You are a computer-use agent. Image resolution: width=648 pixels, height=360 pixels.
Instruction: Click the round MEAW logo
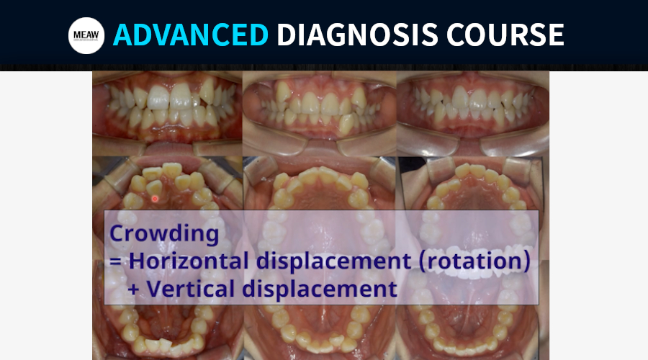(86, 35)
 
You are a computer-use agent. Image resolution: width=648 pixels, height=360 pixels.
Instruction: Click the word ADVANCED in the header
(191, 35)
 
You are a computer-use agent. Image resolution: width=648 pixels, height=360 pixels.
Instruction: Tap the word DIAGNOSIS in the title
(357, 35)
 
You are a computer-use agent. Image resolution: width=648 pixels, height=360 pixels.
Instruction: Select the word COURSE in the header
(505, 35)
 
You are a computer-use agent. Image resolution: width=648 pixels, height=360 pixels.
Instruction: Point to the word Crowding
(164, 234)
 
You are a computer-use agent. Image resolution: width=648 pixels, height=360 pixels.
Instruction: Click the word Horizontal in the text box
(189, 261)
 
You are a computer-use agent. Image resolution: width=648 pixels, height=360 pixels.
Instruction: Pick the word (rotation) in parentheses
(474, 261)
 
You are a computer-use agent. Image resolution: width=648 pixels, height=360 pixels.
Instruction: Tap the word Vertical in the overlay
(191, 288)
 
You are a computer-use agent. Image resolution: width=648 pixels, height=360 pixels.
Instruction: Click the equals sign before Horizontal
(116, 261)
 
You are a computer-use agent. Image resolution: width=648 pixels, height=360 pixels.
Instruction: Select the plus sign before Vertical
(133, 289)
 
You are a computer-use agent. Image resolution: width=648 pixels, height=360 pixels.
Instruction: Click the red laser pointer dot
(155, 199)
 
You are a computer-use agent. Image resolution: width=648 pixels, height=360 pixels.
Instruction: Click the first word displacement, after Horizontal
(334, 262)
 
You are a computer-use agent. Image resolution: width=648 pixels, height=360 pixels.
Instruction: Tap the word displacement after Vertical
(320, 289)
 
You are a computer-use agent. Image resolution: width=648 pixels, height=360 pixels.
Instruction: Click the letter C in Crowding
(117, 233)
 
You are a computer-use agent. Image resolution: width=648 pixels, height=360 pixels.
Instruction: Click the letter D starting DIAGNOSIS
(286, 35)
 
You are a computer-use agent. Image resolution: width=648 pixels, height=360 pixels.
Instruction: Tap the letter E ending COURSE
(557, 35)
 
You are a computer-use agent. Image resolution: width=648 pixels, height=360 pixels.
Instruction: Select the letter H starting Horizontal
(137, 261)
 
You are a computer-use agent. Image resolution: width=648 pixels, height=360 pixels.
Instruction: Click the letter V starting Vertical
(155, 288)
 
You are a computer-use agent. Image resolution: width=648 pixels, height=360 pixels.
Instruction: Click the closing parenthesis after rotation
(527, 261)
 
